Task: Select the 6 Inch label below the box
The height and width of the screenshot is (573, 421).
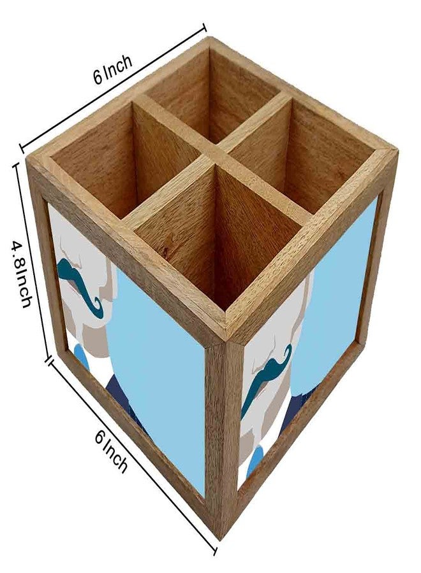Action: pos(111,451)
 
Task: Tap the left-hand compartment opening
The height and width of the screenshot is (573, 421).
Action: pos(124,161)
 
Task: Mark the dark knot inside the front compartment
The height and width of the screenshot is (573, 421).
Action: pos(166,251)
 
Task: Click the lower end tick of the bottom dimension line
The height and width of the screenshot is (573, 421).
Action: pos(214,551)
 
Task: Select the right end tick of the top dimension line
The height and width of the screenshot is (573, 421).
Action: pos(204,28)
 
